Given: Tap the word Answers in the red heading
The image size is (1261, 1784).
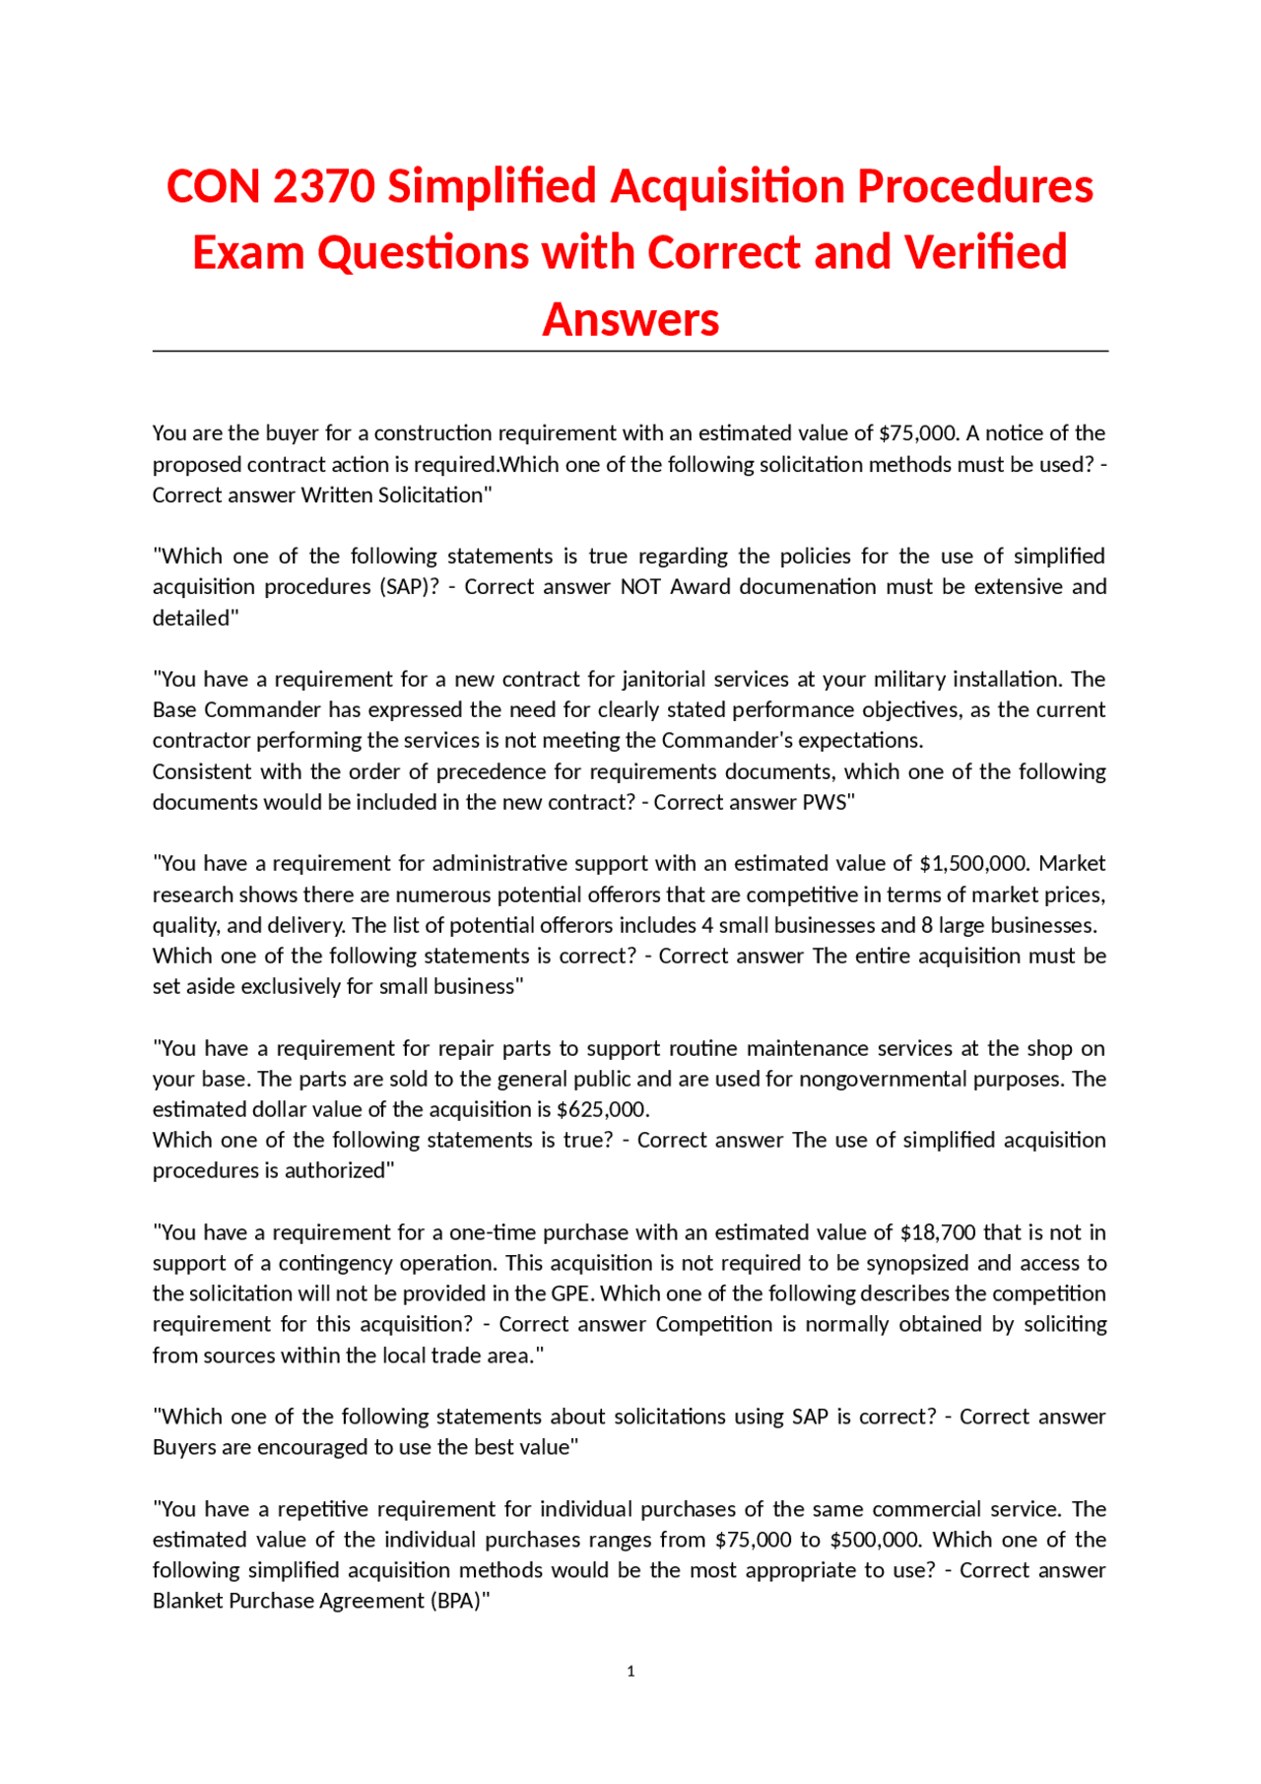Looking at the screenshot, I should pyautogui.click(x=630, y=319).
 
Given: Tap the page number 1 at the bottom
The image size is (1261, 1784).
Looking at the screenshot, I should pyautogui.click(x=630, y=1671).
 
